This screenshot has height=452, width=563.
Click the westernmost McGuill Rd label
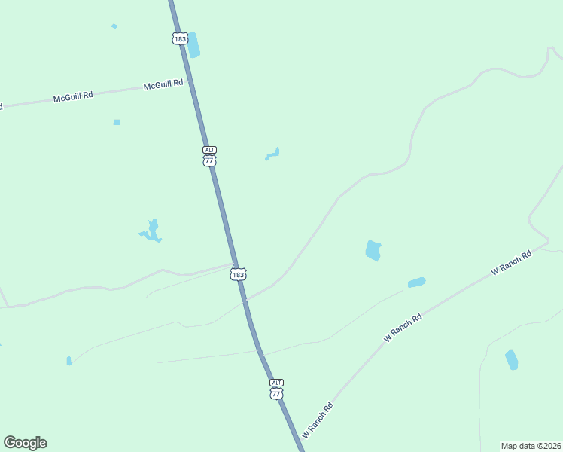click(73, 97)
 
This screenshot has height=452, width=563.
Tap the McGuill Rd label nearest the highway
click(163, 84)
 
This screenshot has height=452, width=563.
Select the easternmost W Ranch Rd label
click(512, 261)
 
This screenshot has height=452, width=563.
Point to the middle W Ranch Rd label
click(403, 328)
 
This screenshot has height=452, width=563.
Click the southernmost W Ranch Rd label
click(318, 421)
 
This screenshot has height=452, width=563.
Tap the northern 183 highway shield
click(179, 38)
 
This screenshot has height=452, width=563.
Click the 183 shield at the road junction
click(238, 274)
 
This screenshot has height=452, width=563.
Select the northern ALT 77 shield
click(209, 156)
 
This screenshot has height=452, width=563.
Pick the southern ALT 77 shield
click(277, 389)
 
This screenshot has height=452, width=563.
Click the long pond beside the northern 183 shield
click(193, 44)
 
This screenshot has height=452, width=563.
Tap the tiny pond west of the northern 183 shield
click(114, 26)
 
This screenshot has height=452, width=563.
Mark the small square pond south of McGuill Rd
click(117, 122)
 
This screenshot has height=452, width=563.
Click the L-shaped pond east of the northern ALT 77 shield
click(273, 155)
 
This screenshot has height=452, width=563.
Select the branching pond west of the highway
click(152, 231)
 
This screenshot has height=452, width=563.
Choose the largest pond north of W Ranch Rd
click(373, 250)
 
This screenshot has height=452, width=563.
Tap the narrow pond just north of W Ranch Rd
click(416, 282)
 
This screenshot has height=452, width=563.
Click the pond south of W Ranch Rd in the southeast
click(512, 359)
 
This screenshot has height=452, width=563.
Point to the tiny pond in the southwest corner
click(68, 361)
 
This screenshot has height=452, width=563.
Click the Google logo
click(25, 443)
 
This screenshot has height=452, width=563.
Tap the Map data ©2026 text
click(531, 445)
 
